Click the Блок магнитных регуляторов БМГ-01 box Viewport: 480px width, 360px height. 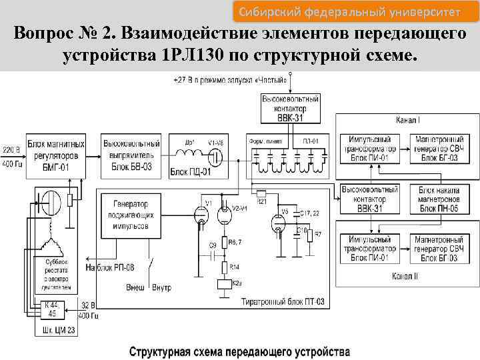pos(57,155)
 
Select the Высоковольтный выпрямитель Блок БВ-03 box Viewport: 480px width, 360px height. pos(131,155)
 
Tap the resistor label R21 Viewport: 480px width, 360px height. pos(261,201)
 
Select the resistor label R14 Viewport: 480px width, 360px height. pos(234,267)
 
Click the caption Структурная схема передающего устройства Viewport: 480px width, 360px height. pos(239,350)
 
